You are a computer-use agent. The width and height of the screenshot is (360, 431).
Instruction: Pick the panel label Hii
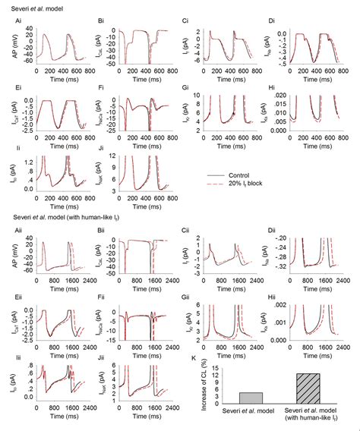coord(273,293)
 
